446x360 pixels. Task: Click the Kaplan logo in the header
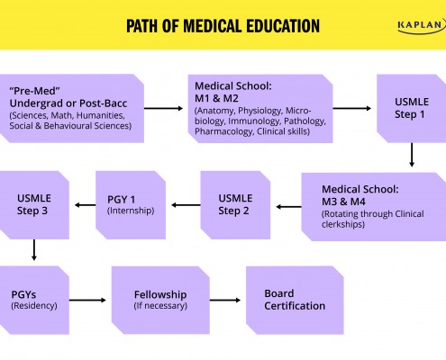[422, 26]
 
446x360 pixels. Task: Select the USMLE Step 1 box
[412, 108]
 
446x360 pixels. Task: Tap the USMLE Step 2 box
[235, 205]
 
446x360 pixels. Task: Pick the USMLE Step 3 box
[34, 205]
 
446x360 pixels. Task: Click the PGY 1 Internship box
[131, 205]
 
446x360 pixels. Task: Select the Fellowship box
[160, 300]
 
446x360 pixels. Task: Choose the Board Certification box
[295, 300]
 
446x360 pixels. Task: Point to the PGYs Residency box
[34, 300]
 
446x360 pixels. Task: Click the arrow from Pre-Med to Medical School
[163, 108]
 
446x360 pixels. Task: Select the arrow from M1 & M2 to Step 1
[352, 108]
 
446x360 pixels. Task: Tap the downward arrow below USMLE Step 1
[412, 155]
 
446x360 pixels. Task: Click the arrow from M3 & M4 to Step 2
[288, 207]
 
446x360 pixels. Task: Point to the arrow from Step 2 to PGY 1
[186, 205]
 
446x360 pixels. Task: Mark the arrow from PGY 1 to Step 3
[85, 205]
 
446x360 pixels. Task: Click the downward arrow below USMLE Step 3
[34, 250]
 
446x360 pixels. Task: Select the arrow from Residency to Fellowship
[87, 300]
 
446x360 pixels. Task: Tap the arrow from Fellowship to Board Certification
[225, 300]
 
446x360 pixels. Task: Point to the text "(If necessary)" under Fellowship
[160, 306]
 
